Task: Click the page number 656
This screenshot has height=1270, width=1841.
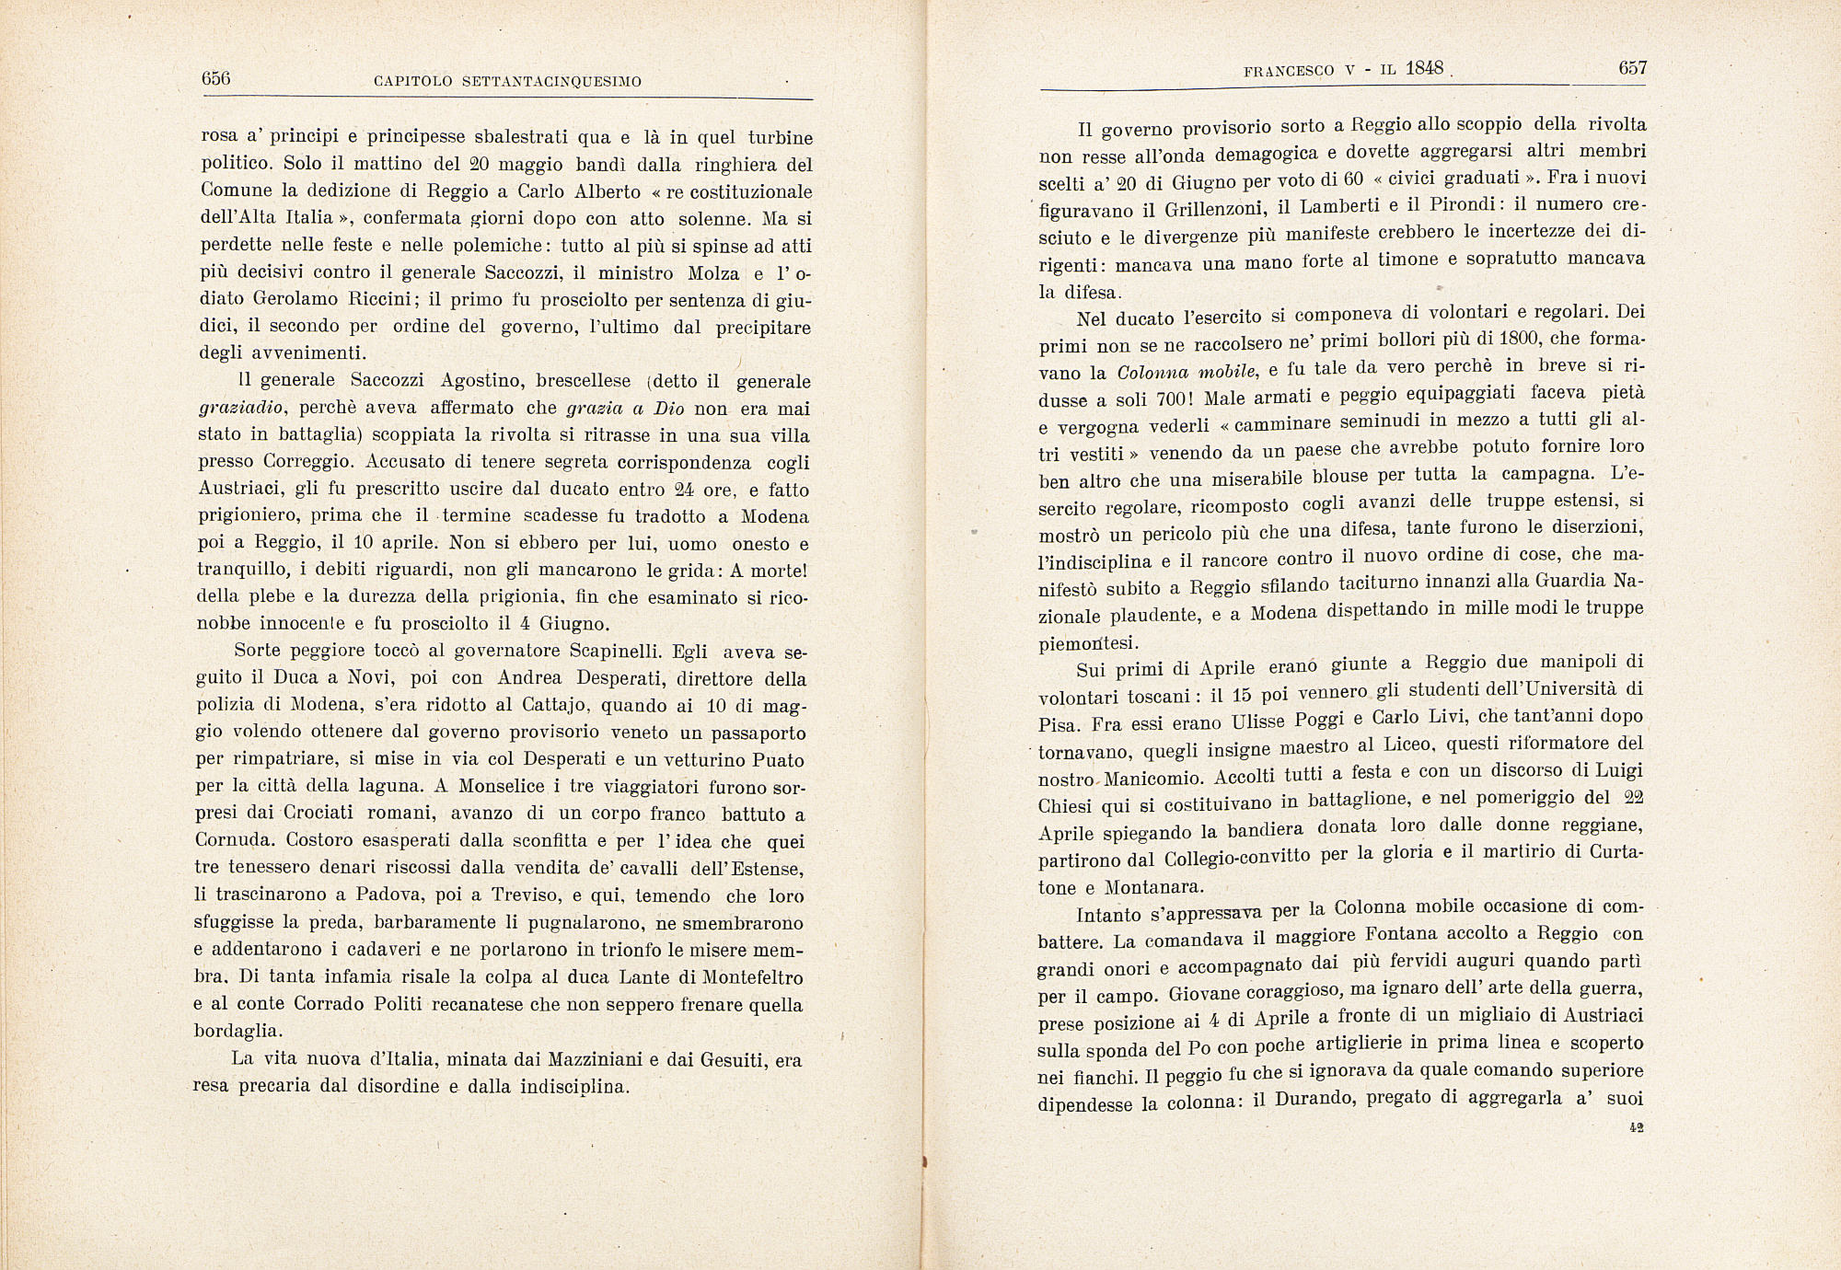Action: [x=215, y=78]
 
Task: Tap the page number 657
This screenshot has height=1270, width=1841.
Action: [x=1632, y=67]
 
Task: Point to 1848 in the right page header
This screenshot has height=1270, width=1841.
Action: [x=1425, y=68]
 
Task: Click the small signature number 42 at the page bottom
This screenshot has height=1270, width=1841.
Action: [x=1636, y=1126]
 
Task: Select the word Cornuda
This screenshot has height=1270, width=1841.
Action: [x=234, y=840]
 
